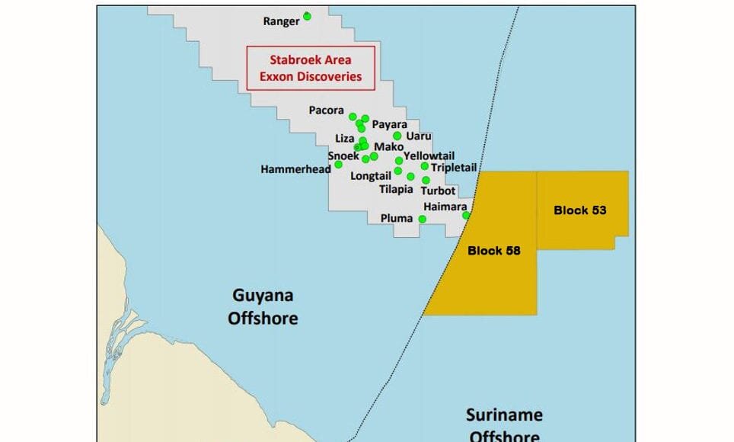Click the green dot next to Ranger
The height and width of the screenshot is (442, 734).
[x=307, y=15]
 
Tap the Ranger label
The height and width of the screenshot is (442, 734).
[x=281, y=21]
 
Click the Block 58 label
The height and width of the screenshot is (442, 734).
[x=493, y=250]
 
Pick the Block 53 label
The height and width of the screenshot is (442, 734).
[x=579, y=210]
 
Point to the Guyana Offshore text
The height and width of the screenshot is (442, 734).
[x=263, y=306]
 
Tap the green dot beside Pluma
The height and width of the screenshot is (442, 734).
[x=423, y=219]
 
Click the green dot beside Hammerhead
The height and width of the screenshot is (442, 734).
[x=338, y=164]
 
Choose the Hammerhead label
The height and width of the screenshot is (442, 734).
[x=295, y=168]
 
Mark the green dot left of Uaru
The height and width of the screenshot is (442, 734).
[x=397, y=136]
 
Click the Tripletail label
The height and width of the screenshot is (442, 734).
[x=453, y=167]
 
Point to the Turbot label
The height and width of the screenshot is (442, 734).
[x=438, y=191]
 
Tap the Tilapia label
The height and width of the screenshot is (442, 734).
[x=397, y=189]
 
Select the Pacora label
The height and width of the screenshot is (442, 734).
[x=327, y=110]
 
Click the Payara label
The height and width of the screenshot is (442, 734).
[x=389, y=124]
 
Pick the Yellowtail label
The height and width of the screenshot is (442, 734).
[x=429, y=155]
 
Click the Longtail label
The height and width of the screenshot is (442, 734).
[x=370, y=175]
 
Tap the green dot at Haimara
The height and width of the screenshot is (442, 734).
[x=467, y=215]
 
